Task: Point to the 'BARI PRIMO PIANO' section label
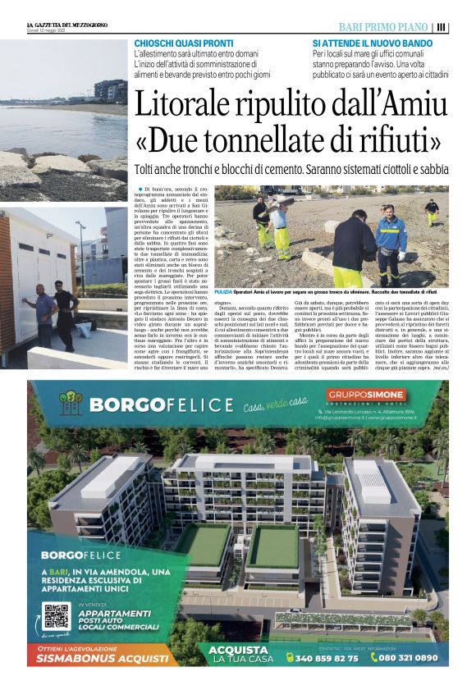[383, 27]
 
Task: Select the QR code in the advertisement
[57, 617]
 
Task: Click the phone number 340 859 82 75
[327, 658]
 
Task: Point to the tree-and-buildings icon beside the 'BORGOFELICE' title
[72, 403]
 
